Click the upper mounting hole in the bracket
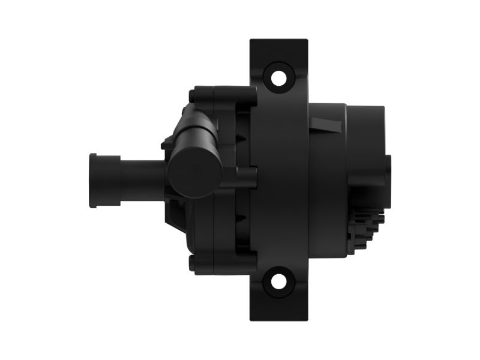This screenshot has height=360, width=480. tap(278, 78)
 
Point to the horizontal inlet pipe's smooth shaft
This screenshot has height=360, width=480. tap(141, 178)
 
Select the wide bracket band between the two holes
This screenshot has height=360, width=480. tap(280, 180)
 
